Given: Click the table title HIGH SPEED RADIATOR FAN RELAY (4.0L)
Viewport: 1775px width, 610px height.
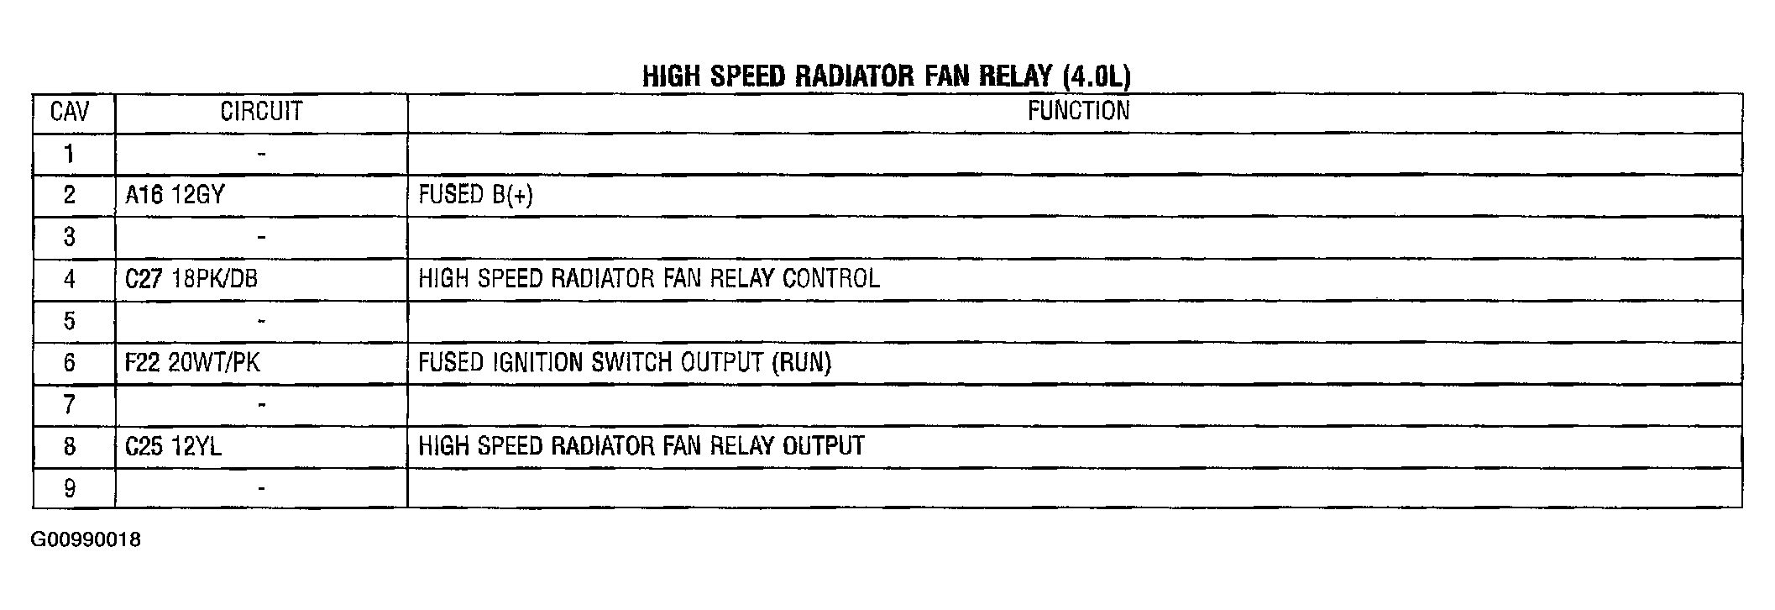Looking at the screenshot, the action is [887, 76].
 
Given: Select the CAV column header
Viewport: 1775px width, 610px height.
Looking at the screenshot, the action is [70, 112].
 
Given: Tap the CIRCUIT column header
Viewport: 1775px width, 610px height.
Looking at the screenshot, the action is [261, 112].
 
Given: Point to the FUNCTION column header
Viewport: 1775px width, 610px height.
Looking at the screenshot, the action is [1079, 111].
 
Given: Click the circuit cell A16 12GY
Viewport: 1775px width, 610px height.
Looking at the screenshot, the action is [175, 195].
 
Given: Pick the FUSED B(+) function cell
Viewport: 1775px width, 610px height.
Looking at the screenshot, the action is [476, 195].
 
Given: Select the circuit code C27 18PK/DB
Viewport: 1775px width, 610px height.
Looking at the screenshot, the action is [191, 279].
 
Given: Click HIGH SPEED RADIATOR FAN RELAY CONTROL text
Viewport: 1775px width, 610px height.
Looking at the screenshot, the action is [649, 279].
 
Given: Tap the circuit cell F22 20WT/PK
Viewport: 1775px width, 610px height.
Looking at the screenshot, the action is [192, 363].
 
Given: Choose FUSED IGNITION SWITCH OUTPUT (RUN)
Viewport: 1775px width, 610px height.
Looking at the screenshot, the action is [625, 363].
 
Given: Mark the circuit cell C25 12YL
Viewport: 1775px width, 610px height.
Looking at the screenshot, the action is [173, 446].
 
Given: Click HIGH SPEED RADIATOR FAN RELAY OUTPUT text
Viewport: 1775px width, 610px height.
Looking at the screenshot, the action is [641, 446].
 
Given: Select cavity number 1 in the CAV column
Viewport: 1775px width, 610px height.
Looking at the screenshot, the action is [70, 154].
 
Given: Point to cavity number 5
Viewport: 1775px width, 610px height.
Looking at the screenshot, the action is [70, 321].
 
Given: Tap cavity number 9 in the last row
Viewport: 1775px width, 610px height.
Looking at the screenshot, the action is [70, 488].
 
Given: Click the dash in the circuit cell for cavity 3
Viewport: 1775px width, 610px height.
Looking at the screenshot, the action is [262, 238].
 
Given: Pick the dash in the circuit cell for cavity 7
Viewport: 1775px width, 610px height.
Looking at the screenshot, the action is [262, 405].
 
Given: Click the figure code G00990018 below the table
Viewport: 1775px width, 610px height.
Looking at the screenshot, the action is [86, 540].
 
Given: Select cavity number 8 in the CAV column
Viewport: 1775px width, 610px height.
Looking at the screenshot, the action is [70, 446].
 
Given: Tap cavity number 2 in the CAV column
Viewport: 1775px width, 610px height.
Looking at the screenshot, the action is [70, 195].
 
